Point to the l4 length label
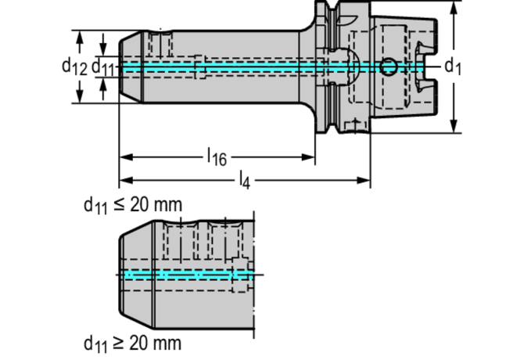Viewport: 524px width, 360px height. (244, 182)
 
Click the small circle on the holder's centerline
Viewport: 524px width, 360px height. (389, 67)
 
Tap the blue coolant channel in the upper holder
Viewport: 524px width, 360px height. (235, 68)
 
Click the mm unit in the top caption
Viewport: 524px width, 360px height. (167, 205)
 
